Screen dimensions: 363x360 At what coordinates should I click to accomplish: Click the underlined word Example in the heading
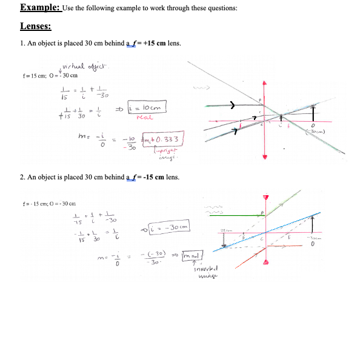[x=39, y=8]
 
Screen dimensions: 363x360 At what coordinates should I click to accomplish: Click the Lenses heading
[x=36, y=27]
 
